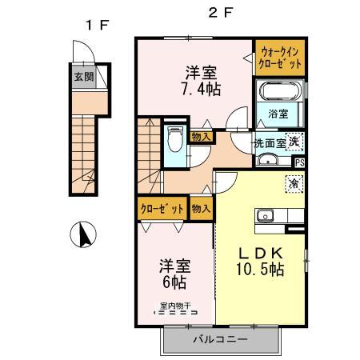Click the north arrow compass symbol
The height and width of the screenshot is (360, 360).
[x=83, y=235]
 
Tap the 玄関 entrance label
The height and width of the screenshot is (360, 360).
[x=82, y=78]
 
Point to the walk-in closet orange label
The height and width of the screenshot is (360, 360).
[x=280, y=58]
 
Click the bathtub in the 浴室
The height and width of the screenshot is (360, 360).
[x=280, y=93]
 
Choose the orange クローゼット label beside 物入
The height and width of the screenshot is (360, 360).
[x=162, y=208]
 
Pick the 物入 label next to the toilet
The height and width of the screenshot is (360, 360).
[x=202, y=137]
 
